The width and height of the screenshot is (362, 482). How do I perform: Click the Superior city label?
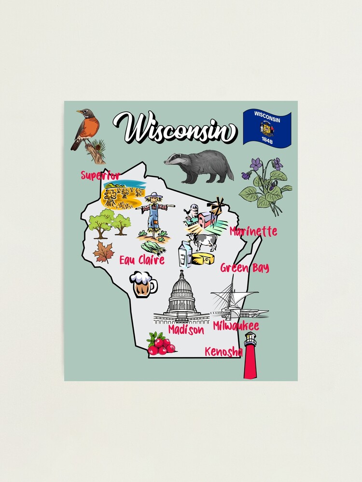[100, 175]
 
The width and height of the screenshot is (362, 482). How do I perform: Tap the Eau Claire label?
[142, 260]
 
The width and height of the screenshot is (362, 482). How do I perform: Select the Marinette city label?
[253, 232]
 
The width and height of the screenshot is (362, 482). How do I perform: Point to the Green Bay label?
[245, 268]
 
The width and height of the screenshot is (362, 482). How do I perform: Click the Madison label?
[186, 330]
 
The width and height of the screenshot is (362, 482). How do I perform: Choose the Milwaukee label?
[236, 326]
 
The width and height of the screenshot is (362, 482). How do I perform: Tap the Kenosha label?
[223, 352]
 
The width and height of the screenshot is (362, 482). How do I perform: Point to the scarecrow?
[154, 212]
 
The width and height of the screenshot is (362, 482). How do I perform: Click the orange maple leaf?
[104, 251]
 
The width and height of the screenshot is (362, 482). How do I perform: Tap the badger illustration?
[200, 165]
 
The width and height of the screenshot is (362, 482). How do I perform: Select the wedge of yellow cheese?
[203, 259]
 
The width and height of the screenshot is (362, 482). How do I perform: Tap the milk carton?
[185, 254]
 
